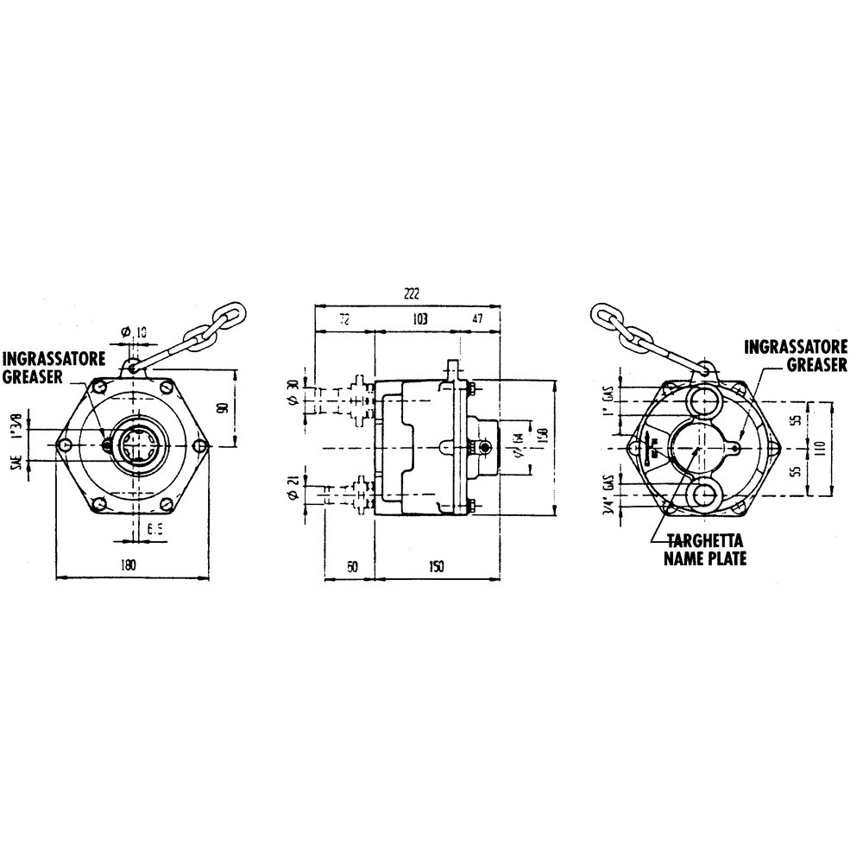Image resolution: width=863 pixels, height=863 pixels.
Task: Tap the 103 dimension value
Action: coord(420,319)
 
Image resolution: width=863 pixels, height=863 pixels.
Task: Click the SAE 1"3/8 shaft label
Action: coord(19,441)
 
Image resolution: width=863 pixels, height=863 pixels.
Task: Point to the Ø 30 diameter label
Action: coord(294,393)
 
